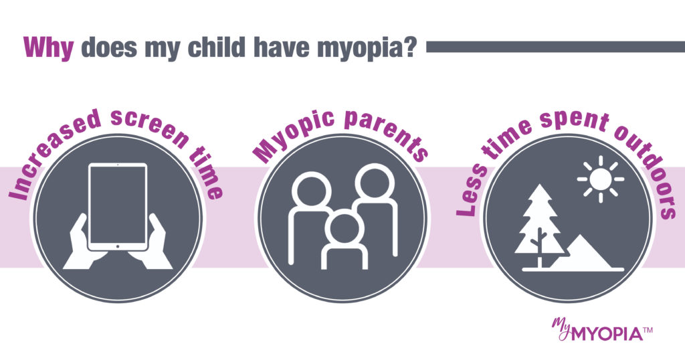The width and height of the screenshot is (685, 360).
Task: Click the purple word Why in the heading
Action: [49, 48]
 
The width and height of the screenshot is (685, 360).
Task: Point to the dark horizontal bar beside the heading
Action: [555, 47]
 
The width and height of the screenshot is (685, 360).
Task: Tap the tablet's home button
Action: [118, 248]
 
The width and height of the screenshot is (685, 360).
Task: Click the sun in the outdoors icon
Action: [600, 179]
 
